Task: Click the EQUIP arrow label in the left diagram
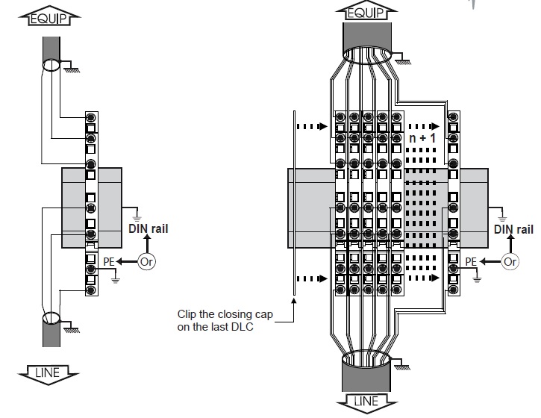pyautogui.click(x=49, y=16)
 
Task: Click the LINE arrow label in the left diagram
pyautogui.click(x=48, y=374)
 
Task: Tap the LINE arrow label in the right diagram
pyautogui.click(x=366, y=402)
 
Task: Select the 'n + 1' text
pyautogui.click(x=422, y=138)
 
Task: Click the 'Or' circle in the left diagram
pyautogui.click(x=147, y=262)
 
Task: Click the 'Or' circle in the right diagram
pyautogui.click(x=510, y=261)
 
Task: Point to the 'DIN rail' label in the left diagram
pyautogui.click(x=148, y=228)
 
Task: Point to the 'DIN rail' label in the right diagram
pyautogui.click(x=513, y=230)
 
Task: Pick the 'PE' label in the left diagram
pyautogui.click(x=109, y=262)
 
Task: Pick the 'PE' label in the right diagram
pyautogui.click(x=471, y=262)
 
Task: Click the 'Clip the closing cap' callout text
pyautogui.click(x=225, y=314)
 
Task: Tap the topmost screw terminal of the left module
pyautogui.click(x=91, y=118)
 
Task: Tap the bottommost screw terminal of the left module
pyautogui.click(x=91, y=290)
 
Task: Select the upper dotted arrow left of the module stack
pyautogui.click(x=312, y=126)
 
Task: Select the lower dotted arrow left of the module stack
pyautogui.click(x=312, y=278)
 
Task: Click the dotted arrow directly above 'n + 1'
pyautogui.click(x=424, y=126)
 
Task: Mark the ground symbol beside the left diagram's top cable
pyautogui.click(x=72, y=67)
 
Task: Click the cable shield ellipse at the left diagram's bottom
pyautogui.click(x=51, y=312)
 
